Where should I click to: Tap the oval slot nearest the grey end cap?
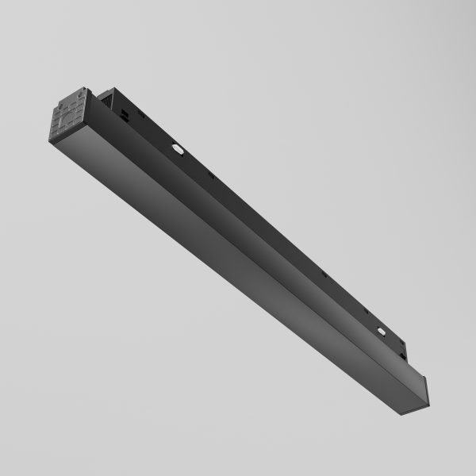point(176,148)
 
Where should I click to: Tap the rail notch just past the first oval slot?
point(210,175)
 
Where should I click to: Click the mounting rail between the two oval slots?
point(278,238)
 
